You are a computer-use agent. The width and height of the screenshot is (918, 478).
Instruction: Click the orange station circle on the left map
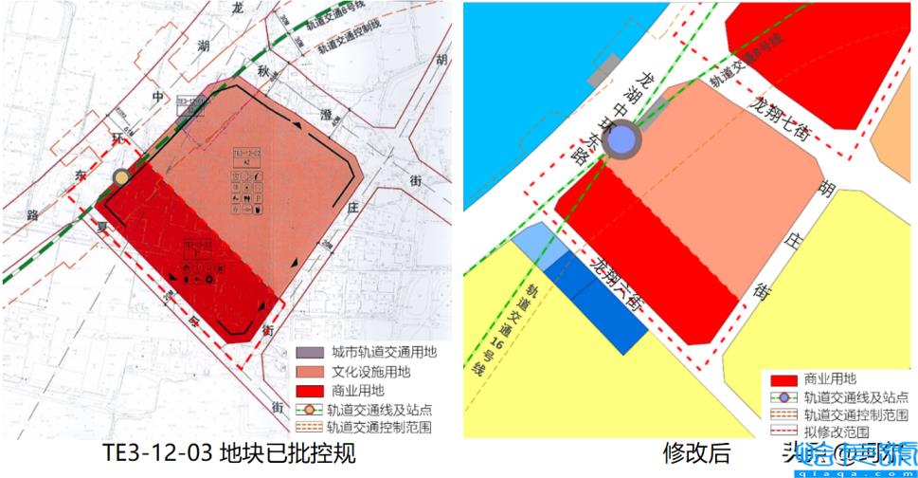click(x=121, y=177)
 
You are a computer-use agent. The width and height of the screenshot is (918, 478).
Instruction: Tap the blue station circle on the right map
click(x=621, y=141)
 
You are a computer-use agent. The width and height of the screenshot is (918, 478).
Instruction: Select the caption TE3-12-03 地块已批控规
click(x=231, y=453)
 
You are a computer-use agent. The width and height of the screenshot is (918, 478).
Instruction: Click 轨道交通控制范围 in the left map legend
click(x=378, y=427)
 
